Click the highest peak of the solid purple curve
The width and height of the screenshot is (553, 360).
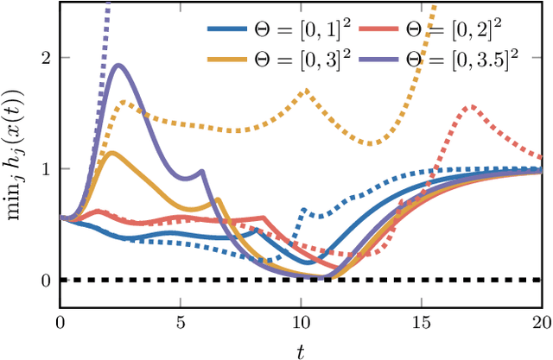tap(118, 65)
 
